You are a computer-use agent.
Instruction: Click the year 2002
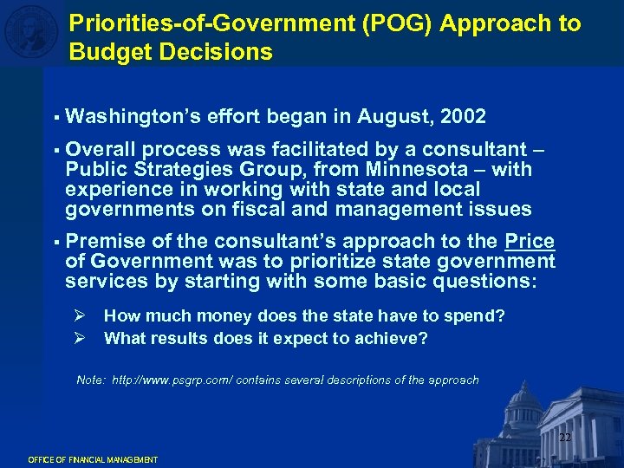463,116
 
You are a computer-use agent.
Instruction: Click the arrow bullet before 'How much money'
81,316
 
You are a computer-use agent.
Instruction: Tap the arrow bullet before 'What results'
81,338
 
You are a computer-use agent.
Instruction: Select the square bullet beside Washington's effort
54,117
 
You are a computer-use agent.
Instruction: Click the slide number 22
564,438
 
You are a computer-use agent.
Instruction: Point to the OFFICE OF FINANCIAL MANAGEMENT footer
93,459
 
